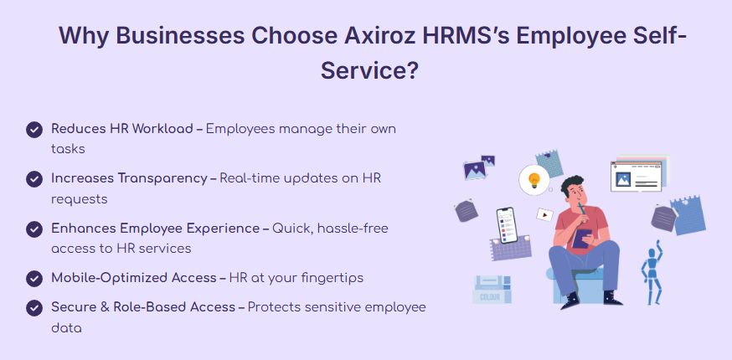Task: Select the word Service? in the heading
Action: (x=369, y=71)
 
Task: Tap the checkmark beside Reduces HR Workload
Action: (x=34, y=130)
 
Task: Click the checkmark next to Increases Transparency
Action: (x=34, y=179)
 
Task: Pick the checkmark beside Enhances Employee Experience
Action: (x=34, y=229)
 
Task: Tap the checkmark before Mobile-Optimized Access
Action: (x=34, y=279)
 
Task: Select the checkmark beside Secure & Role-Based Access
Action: (x=34, y=308)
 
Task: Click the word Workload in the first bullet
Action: (x=162, y=128)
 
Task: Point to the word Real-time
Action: (x=246, y=178)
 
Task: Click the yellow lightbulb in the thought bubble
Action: (x=534, y=179)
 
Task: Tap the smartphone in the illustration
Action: (x=507, y=225)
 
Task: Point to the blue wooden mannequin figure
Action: (x=652, y=272)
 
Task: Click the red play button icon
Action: (x=544, y=215)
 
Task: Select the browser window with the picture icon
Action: (x=636, y=176)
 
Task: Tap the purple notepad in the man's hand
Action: (x=581, y=238)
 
